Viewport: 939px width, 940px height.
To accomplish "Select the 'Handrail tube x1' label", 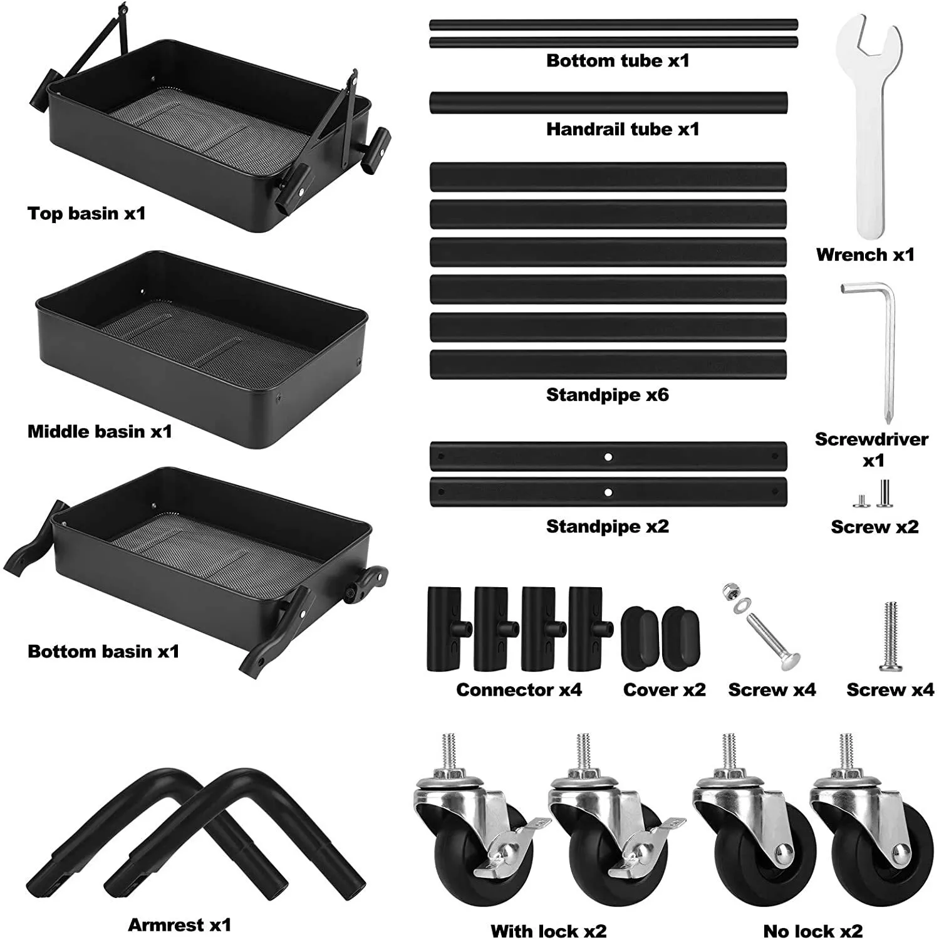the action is [622, 129].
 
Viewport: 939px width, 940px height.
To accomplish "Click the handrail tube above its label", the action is [608, 103].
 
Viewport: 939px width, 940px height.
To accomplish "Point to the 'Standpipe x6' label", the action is [607, 395].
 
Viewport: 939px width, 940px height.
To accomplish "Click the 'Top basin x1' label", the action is [86, 213].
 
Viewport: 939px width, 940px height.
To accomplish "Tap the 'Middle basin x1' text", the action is [100, 431].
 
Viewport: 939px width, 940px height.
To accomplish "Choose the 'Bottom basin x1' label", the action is [103, 651].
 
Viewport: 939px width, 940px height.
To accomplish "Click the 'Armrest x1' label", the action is [180, 924].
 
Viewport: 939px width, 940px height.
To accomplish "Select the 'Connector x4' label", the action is [519, 690].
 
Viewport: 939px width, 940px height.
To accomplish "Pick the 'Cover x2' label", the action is [664, 690].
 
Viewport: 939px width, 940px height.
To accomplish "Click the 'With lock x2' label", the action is [549, 931].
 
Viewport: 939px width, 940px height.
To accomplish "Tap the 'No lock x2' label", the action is [813, 931].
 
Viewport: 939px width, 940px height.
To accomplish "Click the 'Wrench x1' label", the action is [865, 254].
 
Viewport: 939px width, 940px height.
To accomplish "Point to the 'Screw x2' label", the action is [874, 527].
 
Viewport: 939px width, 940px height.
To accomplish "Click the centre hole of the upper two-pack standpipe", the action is [608, 457].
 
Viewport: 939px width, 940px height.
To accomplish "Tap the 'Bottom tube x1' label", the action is [618, 61].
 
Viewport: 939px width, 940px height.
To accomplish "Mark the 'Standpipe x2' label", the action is [607, 526].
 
